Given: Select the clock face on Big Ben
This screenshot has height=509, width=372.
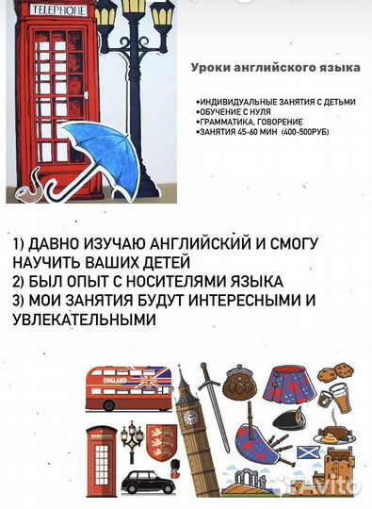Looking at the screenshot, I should tap(189, 416).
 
